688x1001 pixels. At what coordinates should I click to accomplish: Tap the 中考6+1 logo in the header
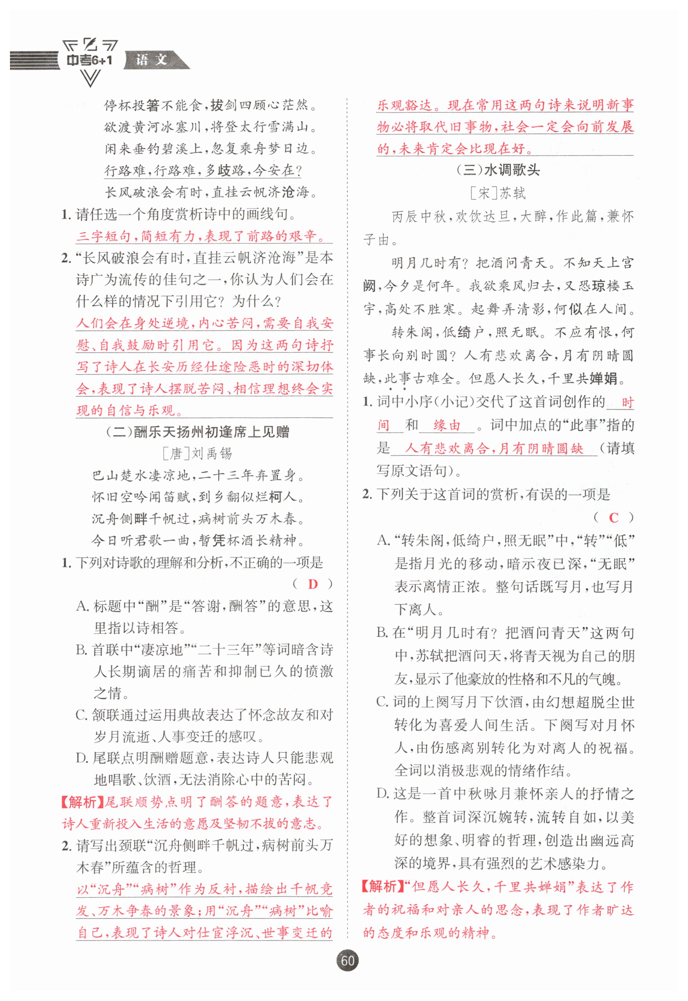click(90, 60)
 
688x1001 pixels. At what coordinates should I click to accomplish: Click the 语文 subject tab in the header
click(152, 60)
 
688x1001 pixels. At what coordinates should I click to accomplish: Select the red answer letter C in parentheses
click(614, 518)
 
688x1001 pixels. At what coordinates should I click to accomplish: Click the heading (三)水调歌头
click(498, 170)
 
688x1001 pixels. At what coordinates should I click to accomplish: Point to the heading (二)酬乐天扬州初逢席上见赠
click(197, 431)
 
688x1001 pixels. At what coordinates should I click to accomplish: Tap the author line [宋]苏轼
click(498, 193)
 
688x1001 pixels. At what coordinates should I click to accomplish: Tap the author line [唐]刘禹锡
click(197, 453)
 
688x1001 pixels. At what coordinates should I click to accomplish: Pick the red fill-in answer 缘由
click(447, 425)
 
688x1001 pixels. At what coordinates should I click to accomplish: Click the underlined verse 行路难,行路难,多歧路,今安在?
click(203, 171)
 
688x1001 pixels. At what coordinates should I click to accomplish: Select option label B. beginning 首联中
click(82, 650)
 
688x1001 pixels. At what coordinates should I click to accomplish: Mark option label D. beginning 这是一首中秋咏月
click(383, 793)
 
